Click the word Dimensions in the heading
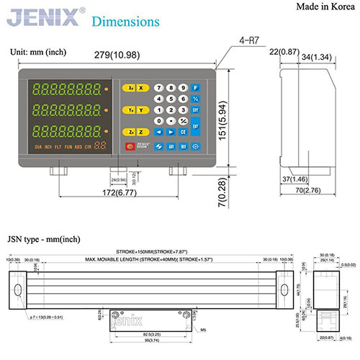click(x=127, y=21)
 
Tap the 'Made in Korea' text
click(x=322, y=7)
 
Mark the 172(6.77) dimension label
click(x=118, y=192)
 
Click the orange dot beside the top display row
click(x=107, y=89)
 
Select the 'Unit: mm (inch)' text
click(x=41, y=52)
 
